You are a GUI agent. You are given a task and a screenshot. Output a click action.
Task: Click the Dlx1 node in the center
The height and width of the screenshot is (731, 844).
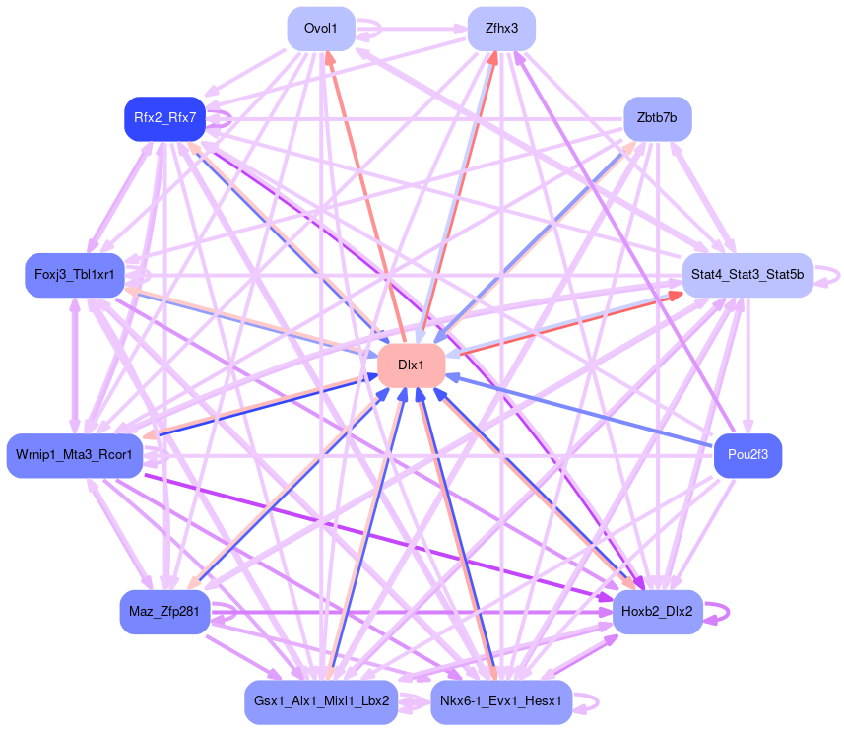[411, 365]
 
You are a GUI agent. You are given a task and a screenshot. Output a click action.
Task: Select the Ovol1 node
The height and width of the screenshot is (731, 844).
[321, 29]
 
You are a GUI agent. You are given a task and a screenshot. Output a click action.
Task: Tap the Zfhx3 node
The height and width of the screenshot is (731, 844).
[501, 29]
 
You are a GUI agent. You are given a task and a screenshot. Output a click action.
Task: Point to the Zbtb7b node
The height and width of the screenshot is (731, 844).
[657, 118]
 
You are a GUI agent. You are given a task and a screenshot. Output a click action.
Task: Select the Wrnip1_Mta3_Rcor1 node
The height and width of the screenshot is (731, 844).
[75, 455]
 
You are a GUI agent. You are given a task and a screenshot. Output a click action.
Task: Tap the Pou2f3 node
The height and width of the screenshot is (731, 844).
[747, 455]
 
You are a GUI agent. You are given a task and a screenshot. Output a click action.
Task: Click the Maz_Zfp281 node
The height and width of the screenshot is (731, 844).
[164, 612]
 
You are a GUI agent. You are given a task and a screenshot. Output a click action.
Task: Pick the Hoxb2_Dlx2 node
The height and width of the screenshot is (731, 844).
[657, 612]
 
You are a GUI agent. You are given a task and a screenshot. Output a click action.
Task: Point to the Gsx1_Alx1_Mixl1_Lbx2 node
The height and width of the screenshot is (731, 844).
[321, 701]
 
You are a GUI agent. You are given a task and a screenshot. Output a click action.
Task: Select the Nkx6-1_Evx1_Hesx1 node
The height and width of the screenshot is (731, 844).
[501, 701]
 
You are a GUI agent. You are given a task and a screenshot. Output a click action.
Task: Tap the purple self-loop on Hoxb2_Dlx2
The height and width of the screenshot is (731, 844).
[727, 612]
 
